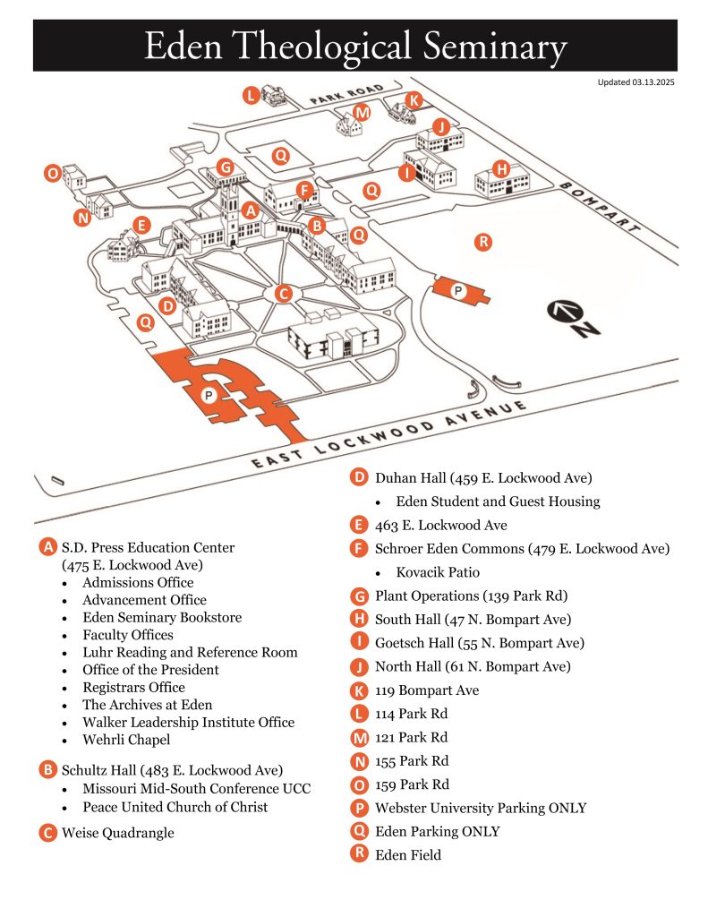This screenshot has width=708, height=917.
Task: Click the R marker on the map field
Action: (x=483, y=242)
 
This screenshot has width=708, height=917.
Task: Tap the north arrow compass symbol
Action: (x=573, y=318)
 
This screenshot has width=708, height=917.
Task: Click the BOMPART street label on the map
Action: (x=599, y=208)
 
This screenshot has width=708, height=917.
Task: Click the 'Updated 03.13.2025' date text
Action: (x=635, y=82)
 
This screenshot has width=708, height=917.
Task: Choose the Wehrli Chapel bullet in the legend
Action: (x=126, y=740)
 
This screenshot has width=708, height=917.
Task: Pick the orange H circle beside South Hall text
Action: (x=359, y=619)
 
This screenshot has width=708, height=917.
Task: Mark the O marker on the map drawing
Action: (x=53, y=173)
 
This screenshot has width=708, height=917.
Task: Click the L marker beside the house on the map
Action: (x=251, y=95)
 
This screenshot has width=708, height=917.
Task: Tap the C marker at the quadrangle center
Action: (x=284, y=294)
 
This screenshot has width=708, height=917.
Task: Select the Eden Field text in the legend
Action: (x=408, y=855)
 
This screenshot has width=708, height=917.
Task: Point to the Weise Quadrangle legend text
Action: (x=118, y=833)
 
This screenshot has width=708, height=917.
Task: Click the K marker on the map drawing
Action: (x=414, y=100)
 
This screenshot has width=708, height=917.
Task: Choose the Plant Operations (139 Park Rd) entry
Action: (x=471, y=596)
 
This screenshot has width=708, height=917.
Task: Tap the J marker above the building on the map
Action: (x=440, y=126)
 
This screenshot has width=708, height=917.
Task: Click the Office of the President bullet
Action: (x=150, y=670)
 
